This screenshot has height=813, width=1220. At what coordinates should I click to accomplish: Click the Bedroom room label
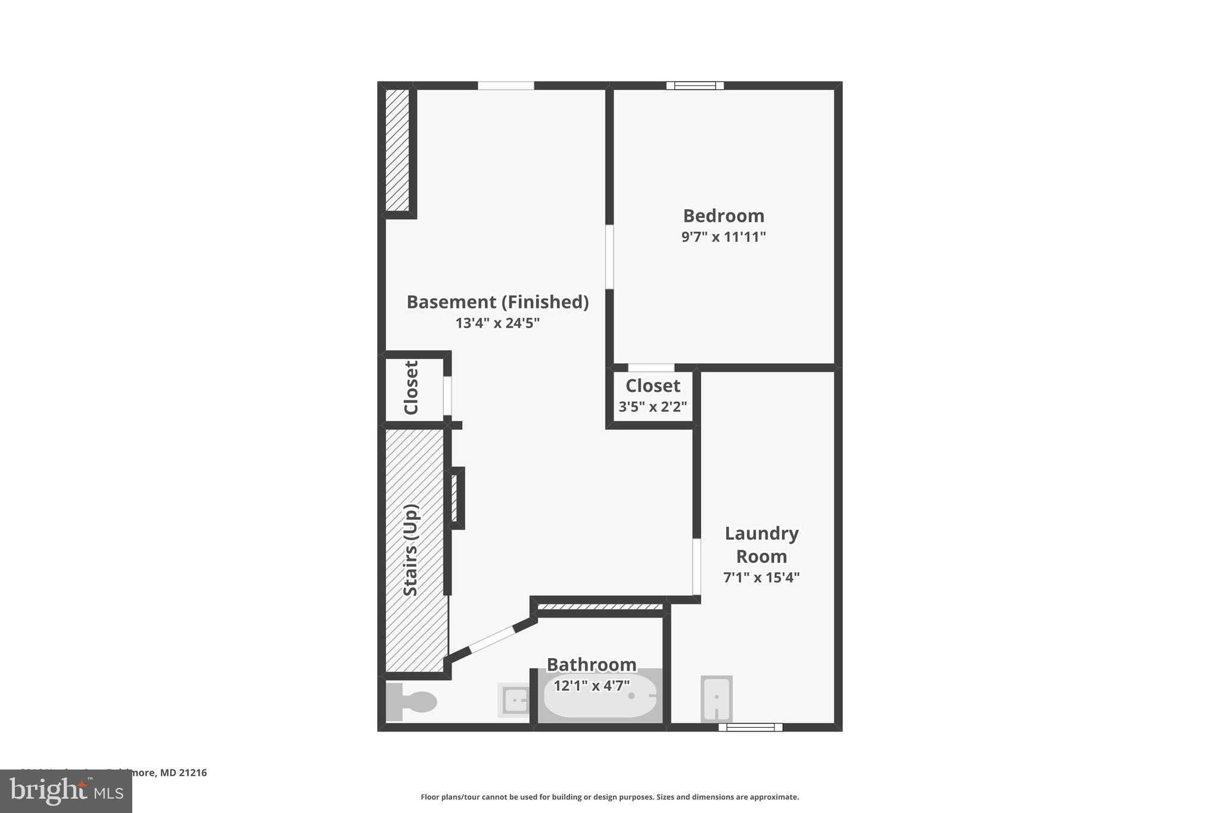pyautogui.click(x=723, y=216)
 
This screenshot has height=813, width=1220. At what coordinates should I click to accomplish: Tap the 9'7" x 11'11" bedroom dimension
pyautogui.click(x=723, y=237)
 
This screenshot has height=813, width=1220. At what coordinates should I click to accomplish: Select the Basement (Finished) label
pyautogui.click(x=497, y=302)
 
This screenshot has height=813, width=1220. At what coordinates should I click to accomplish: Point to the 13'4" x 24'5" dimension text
pyautogui.click(x=497, y=323)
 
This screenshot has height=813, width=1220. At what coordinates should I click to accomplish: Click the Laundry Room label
pyautogui.click(x=761, y=544)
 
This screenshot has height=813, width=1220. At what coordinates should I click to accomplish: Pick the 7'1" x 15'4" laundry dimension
pyautogui.click(x=761, y=577)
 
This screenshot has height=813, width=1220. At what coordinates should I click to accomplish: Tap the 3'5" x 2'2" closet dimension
pyautogui.click(x=652, y=407)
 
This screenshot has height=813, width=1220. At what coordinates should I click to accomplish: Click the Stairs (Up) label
pyautogui.click(x=411, y=550)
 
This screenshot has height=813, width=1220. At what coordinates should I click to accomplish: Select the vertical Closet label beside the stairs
pyautogui.click(x=411, y=388)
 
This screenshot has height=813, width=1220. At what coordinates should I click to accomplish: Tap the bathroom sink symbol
pyautogui.click(x=514, y=700)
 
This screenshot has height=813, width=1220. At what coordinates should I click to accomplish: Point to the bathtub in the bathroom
pyautogui.click(x=600, y=697)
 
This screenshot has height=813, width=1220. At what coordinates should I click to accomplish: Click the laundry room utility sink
pyautogui.click(x=716, y=698)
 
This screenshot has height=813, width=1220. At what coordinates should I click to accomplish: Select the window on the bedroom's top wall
pyautogui.click(x=695, y=86)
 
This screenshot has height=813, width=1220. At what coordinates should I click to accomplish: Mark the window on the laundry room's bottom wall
pyautogui.click(x=750, y=727)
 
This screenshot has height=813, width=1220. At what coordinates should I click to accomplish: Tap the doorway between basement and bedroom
pyautogui.click(x=609, y=257)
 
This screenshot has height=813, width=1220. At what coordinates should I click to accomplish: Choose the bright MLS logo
pyautogui.click(x=66, y=791)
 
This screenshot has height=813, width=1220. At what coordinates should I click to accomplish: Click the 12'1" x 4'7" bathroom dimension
pyautogui.click(x=592, y=686)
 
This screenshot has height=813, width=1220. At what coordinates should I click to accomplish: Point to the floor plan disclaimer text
pyautogui.click(x=609, y=797)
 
